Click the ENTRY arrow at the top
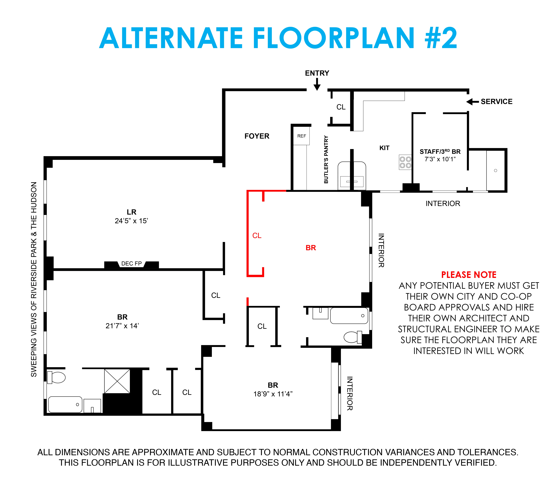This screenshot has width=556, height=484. [x=317, y=84]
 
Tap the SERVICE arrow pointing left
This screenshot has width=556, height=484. [x=472, y=102]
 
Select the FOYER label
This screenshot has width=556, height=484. [x=257, y=136]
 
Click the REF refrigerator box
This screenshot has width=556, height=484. [x=301, y=136]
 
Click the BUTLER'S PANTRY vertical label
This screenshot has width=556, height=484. [x=326, y=159]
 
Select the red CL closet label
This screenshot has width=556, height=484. [x=257, y=235]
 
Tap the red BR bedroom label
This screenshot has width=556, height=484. [x=311, y=248]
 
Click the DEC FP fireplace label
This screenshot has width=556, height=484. [x=131, y=263]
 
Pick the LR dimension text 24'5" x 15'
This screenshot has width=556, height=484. [x=131, y=221]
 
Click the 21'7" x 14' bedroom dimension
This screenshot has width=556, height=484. [x=122, y=326]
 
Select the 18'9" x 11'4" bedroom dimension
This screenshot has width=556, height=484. [x=273, y=394]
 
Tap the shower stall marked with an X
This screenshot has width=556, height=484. [x=117, y=381]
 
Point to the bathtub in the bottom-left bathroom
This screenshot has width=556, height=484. [x=65, y=404]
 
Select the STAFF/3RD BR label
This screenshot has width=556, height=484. [x=440, y=152]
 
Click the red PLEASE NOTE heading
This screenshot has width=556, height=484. [x=469, y=275]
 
